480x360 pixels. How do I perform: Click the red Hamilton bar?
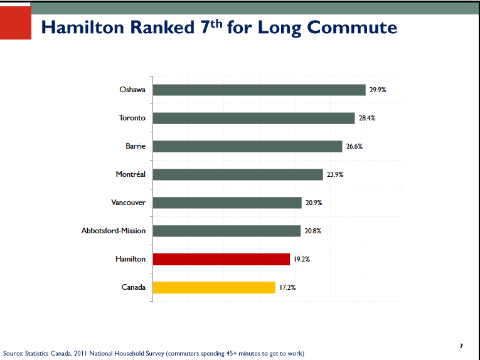pos(221,259)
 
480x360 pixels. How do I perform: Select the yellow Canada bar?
pos(214,287)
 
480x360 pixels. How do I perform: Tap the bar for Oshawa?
pos(259,90)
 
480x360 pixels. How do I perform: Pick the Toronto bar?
pos(253,118)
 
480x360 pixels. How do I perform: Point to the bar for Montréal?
pos(238,174)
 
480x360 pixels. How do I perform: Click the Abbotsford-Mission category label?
pos(114,231)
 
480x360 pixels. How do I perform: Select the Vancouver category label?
pos(128,203)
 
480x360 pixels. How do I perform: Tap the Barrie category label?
pos(136,146)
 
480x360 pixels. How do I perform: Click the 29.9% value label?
pos(378,90)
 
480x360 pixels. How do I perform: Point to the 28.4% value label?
pos(367,119)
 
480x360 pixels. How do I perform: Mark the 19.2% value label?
pos(302,259)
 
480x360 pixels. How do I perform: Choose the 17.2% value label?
pos(287,288)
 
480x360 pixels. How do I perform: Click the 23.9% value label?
pos(335,175)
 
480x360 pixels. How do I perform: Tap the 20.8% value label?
pos(313,231)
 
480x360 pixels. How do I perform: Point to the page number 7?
pos(461,346)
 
